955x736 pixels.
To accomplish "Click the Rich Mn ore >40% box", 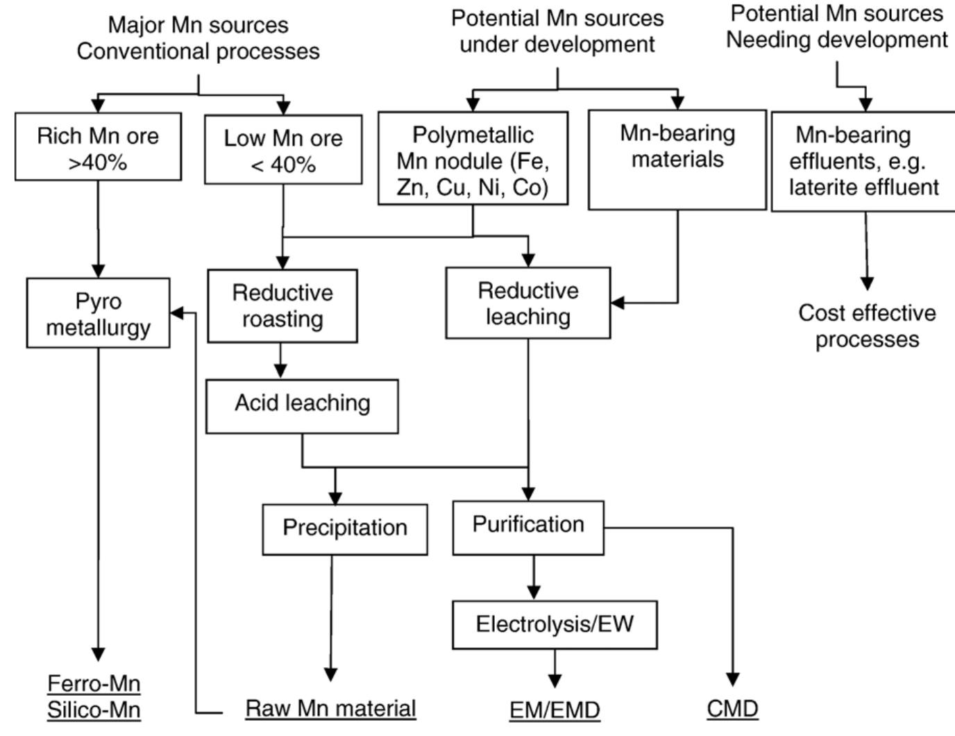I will [x=98, y=149].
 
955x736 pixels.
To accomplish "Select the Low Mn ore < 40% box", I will [x=283, y=150].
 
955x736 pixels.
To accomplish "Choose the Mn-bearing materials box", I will [x=677, y=159].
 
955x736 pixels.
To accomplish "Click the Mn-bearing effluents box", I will [x=864, y=161].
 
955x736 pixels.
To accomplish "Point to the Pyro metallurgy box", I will [x=98, y=313].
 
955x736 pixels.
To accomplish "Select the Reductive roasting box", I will [x=282, y=306].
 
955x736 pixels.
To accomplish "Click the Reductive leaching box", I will [x=528, y=303].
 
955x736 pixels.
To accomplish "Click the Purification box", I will [x=528, y=526].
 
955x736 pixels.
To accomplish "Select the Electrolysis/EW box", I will [x=555, y=625].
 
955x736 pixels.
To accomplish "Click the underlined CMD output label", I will [x=733, y=710].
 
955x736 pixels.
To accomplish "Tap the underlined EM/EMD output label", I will [x=555, y=710].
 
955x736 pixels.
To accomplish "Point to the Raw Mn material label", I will [x=331, y=709].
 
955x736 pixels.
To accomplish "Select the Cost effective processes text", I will [x=867, y=326].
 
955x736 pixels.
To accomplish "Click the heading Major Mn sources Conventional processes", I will [x=198, y=38].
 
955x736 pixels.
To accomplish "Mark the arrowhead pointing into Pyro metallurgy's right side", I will [x=178, y=312].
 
